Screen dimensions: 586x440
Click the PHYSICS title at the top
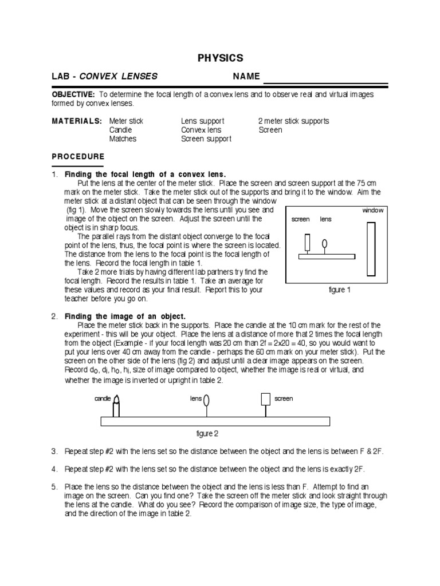tap(220, 58)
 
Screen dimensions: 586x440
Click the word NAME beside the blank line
tap(246, 77)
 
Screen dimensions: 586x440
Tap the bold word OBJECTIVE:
tap(73, 94)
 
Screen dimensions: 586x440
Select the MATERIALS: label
tap(77, 121)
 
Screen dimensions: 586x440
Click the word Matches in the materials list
tap(123, 139)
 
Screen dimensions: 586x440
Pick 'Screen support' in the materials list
tap(206, 139)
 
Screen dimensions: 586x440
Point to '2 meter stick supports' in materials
tap(294, 121)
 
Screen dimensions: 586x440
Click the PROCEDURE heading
tap(78, 156)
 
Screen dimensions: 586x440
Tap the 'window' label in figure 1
tap(373, 211)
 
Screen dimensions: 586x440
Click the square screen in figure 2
tap(265, 399)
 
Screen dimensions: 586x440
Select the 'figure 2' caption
tap(207, 433)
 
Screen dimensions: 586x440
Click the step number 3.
tap(54, 452)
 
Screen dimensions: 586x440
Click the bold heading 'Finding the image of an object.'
tap(125, 316)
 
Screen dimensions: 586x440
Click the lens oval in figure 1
tap(325, 244)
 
